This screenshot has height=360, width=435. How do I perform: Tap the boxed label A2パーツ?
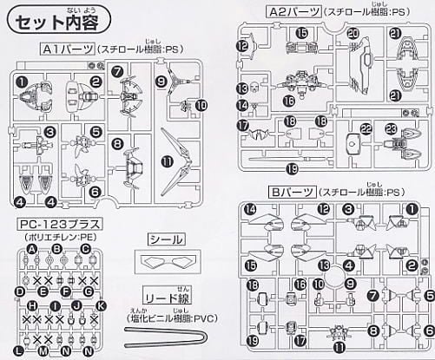click(280, 11)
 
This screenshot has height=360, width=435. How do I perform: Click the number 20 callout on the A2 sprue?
click(353, 33)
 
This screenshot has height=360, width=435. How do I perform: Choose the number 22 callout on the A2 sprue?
click(366, 128)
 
